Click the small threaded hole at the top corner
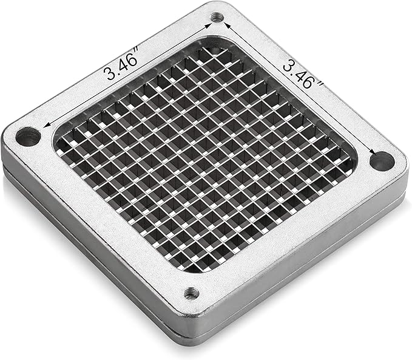[x=217, y=18]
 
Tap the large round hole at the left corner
[x=28, y=137]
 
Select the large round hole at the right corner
[x=382, y=161]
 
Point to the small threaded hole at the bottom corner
[x=191, y=293]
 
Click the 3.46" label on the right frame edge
[x=303, y=73]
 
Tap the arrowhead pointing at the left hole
[x=46, y=126]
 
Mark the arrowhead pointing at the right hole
[x=372, y=152]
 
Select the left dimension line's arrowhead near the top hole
[x=208, y=25]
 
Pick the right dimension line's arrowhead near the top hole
[x=227, y=25]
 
